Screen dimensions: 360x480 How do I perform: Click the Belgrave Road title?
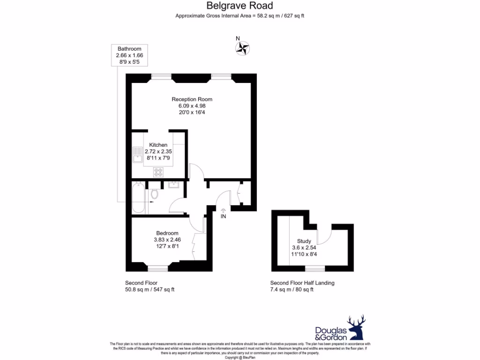[240, 6]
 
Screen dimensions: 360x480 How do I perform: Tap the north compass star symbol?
[243, 48]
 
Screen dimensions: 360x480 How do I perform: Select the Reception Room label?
[192, 99]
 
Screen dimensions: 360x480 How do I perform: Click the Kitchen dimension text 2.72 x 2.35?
[158, 151]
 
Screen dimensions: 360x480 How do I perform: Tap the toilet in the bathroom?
[154, 194]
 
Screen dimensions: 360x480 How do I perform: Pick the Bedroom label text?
[167, 233]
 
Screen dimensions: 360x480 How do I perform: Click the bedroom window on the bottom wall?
[158, 269]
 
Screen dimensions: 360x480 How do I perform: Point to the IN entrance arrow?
[224, 213]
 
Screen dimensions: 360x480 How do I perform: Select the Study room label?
[304, 241]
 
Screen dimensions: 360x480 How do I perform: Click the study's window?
[315, 269]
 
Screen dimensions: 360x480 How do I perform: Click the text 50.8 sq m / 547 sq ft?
[150, 290]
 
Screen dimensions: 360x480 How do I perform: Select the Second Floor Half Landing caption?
[302, 283]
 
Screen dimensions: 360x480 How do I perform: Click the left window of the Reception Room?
[161, 76]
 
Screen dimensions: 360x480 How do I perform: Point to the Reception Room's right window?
[221, 76]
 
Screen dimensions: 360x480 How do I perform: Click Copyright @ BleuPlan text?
[240, 357]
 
